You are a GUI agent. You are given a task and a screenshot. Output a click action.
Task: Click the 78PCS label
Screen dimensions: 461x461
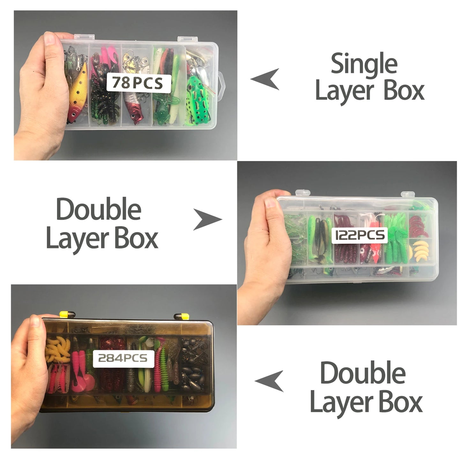pyautogui.click(x=137, y=83)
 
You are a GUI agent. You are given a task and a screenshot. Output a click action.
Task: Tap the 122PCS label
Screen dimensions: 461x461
pyautogui.click(x=360, y=235)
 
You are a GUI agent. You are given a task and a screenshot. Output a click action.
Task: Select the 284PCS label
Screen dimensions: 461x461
pyautogui.click(x=123, y=358)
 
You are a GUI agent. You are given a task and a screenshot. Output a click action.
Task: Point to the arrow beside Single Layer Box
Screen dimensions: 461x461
pyautogui.click(x=265, y=79)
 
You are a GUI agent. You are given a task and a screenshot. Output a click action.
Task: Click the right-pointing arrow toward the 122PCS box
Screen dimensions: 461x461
pyautogui.click(x=207, y=219)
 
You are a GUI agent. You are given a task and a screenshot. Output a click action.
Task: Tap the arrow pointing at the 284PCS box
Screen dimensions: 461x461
pyautogui.click(x=270, y=381)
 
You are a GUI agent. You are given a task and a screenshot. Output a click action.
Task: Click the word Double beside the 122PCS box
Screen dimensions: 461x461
pyautogui.click(x=99, y=209)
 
